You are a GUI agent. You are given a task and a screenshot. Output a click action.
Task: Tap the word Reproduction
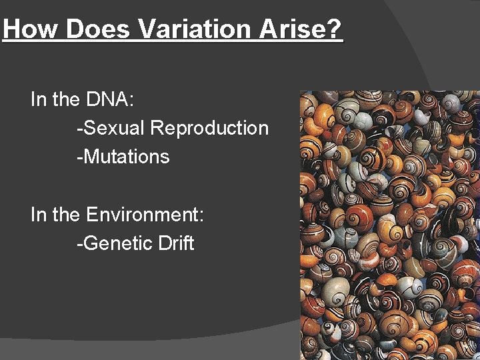[210, 129]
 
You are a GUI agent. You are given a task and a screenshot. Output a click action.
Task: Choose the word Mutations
[127, 157]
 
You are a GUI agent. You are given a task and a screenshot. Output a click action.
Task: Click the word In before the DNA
[38, 100]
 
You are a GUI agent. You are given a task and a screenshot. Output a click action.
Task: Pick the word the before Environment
[66, 215]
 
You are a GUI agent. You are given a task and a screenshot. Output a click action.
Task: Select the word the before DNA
[66, 100]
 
